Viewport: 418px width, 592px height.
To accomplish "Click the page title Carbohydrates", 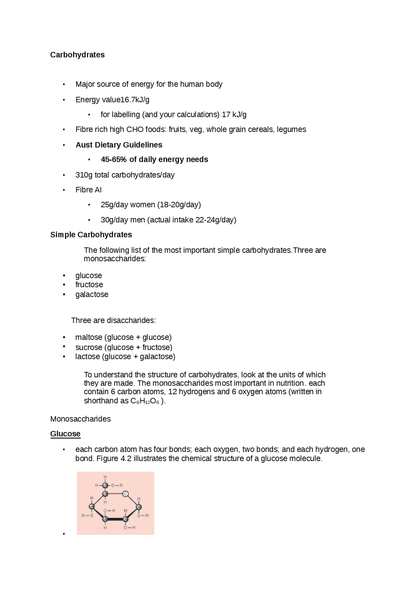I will (77, 55).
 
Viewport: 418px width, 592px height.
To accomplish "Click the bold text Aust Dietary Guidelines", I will (119, 145).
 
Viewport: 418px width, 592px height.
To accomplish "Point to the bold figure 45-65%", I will (114, 160).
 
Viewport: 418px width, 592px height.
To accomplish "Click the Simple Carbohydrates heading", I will (91, 235).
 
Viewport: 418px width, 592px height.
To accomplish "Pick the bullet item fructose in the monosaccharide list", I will (89, 285).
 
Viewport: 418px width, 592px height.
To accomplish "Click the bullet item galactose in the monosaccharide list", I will (92, 295).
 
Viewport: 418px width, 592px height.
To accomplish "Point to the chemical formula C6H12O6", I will (145, 401).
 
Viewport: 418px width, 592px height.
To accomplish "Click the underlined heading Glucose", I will (65, 434).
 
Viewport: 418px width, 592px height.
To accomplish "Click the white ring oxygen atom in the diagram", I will (125, 494).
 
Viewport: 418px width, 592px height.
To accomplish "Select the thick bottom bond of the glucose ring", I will (115, 519).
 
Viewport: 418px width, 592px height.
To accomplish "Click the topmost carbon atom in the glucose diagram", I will (105, 485).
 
